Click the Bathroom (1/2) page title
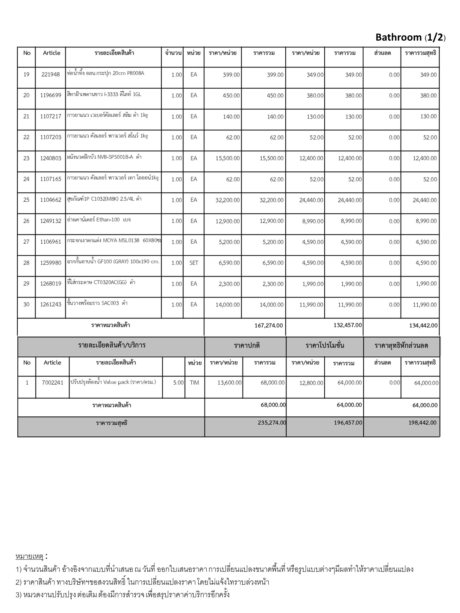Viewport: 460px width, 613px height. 410,37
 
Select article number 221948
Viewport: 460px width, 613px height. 51,75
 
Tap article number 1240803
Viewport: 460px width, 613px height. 51,158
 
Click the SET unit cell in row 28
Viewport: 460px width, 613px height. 194,263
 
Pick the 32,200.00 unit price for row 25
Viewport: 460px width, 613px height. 227,200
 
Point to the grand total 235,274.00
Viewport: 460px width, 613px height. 272,423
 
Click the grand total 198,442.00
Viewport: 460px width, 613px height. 422,423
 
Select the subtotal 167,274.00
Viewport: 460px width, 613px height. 268,325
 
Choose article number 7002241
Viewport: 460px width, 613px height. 52,383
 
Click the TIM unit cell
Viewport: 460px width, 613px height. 194,383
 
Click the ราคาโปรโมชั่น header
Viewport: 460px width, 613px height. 325,345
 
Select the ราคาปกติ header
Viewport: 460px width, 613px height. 247,345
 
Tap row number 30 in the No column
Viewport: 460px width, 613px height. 26,304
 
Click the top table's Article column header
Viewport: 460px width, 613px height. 51,53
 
